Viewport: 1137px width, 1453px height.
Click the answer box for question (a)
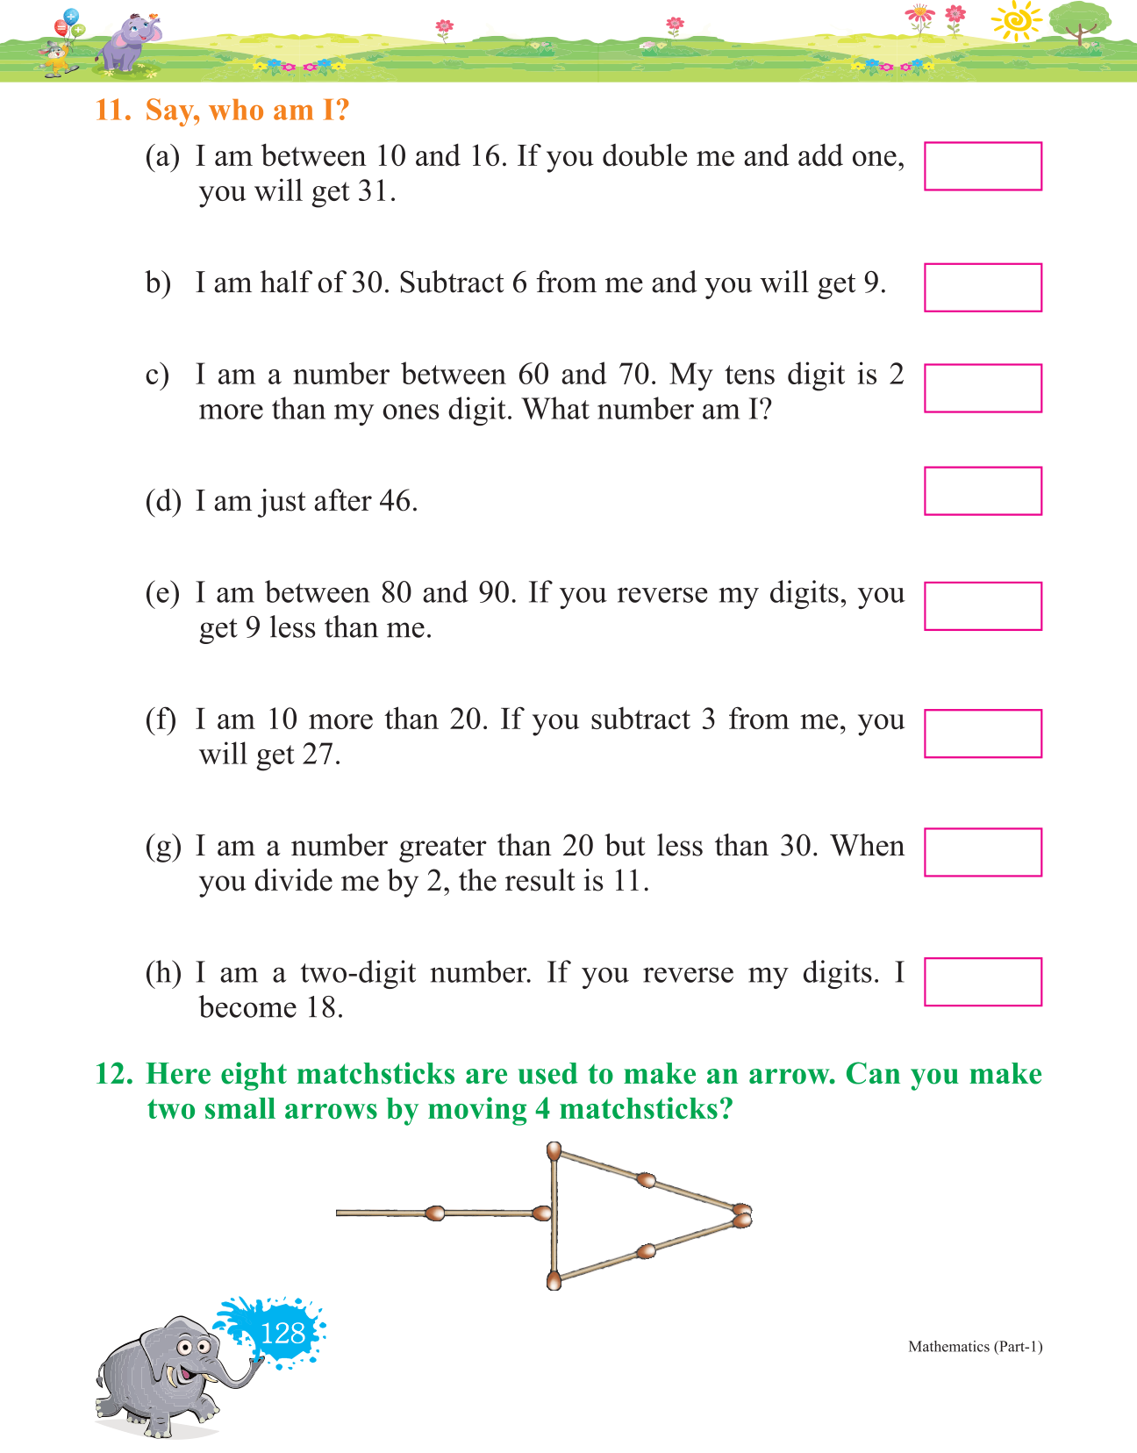click(983, 166)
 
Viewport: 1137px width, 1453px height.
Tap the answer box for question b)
click(983, 287)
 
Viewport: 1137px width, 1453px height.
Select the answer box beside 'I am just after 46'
click(983, 490)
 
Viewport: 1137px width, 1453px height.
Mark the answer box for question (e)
click(983, 605)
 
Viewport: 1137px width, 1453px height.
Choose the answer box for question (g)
click(983, 852)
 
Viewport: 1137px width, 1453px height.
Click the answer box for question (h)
click(983, 981)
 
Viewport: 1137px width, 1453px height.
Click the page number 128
click(282, 1334)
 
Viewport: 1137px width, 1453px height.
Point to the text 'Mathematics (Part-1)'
click(975, 1347)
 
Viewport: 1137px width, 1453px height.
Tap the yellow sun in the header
click(1017, 21)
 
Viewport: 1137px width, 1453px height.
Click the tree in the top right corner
click(1079, 21)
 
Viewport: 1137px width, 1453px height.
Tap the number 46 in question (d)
click(396, 501)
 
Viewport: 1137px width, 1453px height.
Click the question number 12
click(113, 1074)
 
